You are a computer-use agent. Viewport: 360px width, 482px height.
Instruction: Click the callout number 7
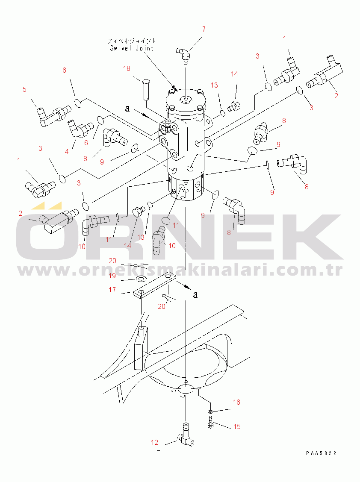[x=204, y=29]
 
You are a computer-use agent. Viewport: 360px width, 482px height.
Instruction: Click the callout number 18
[x=127, y=68]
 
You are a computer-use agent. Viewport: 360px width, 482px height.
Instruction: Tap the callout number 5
[x=25, y=89]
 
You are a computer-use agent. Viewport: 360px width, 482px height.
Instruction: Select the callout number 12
[x=154, y=442]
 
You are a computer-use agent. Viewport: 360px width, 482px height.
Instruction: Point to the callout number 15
[x=237, y=426]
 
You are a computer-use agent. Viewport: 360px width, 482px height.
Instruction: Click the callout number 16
[x=236, y=402]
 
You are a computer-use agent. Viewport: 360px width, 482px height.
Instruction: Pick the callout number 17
[x=112, y=290]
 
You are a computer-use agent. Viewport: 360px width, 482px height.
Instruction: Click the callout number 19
[x=112, y=276]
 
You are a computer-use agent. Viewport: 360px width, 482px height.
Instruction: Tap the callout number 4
[x=67, y=152]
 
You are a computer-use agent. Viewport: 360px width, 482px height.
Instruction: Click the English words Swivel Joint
[x=132, y=48]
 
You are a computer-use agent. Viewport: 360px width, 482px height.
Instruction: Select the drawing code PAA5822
[x=321, y=453]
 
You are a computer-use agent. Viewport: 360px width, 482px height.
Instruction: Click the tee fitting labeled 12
[x=186, y=435]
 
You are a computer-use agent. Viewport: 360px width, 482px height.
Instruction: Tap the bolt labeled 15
[x=210, y=422]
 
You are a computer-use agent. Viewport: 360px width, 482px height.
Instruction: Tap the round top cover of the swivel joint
[x=186, y=100]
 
